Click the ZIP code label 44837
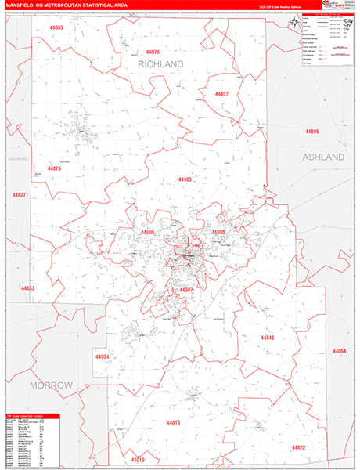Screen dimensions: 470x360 (221, 94)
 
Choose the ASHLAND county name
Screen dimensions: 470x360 (323, 157)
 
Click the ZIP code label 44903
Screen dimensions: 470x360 (185, 179)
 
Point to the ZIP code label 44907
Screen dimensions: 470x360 (186, 290)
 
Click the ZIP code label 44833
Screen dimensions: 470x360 (27, 288)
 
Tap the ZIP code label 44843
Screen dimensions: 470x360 (268, 338)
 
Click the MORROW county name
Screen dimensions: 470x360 (51, 385)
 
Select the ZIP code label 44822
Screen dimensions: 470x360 (299, 447)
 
